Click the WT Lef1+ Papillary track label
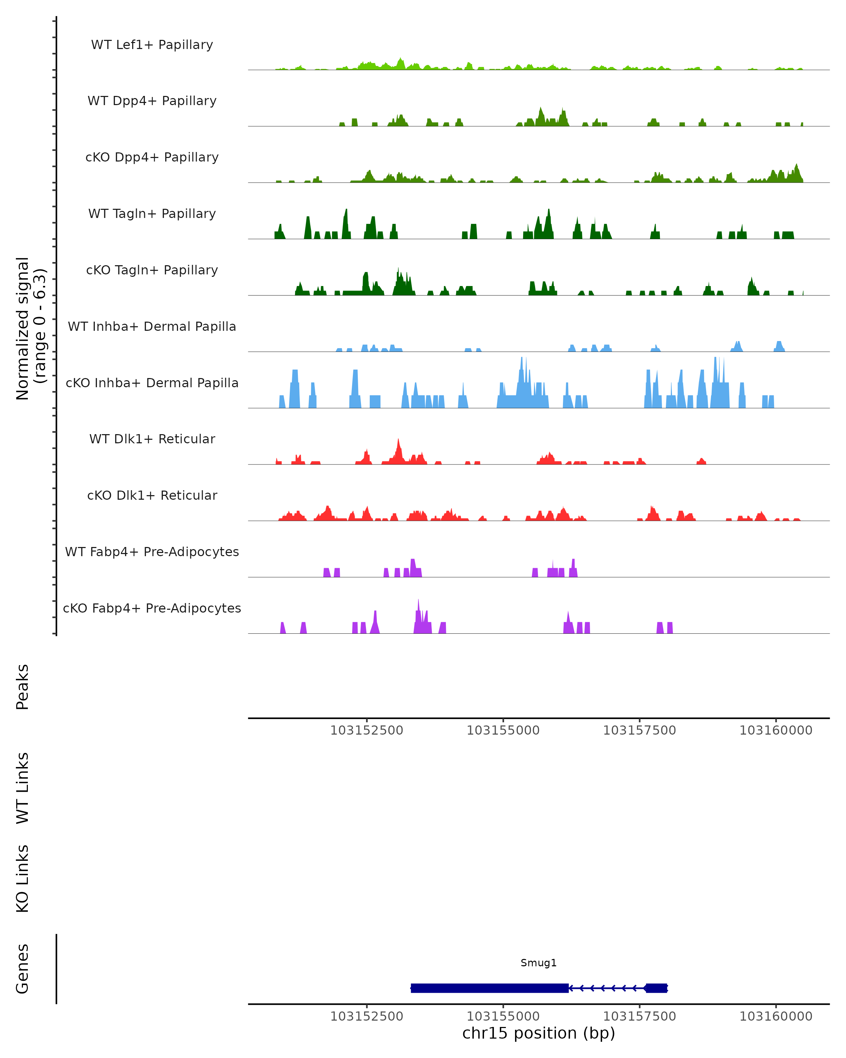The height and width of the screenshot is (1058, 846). point(152,45)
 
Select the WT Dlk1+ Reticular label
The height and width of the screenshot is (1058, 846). point(152,439)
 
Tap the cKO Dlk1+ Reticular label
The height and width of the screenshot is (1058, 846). point(152,495)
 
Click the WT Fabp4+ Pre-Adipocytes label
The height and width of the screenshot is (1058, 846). point(152,552)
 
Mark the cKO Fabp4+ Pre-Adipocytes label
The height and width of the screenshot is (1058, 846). point(152,608)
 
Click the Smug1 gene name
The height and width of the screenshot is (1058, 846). point(539,963)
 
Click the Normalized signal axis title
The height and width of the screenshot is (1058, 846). point(30,328)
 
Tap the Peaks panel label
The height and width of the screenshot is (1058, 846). point(23,687)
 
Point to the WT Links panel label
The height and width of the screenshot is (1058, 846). point(23,788)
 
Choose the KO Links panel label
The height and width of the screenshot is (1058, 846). point(23,878)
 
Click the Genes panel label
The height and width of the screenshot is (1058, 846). point(23,969)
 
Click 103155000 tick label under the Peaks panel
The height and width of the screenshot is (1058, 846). point(503,730)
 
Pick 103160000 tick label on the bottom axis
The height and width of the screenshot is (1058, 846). point(775,1016)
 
